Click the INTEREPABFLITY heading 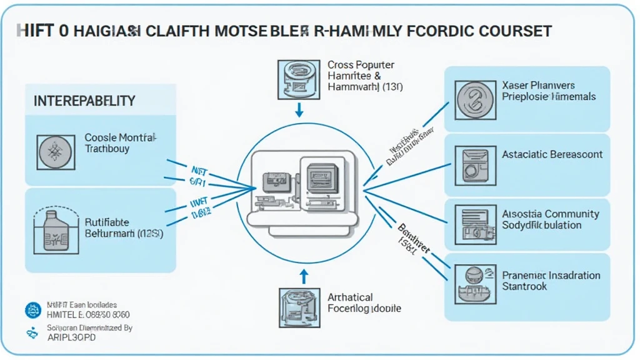click(84, 101)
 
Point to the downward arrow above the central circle click(299, 110)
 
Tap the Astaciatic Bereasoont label click(552, 154)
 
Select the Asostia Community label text click(550, 219)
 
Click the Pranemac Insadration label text click(551, 281)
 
